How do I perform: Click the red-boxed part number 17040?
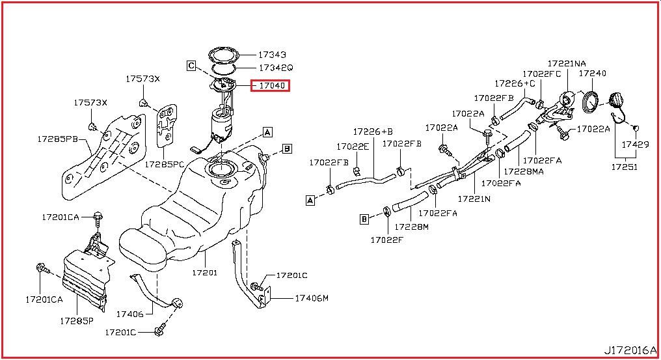tap(272, 85)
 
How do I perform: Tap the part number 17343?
tap(272, 55)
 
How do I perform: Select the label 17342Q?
tap(276, 68)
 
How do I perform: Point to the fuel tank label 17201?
tap(205, 273)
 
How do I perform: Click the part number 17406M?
tap(312, 298)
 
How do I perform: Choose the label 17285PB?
tap(58, 139)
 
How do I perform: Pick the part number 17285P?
tap(77, 320)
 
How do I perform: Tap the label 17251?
tap(624, 167)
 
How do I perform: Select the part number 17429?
tap(635, 145)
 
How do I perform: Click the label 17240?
tap(593, 74)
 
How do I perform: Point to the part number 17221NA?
tap(566, 63)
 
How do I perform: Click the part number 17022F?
tap(388, 239)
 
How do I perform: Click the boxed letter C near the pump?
tap(191, 65)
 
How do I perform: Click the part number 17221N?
tap(474, 198)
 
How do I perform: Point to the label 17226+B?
tap(373, 131)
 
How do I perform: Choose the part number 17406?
tap(129, 314)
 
